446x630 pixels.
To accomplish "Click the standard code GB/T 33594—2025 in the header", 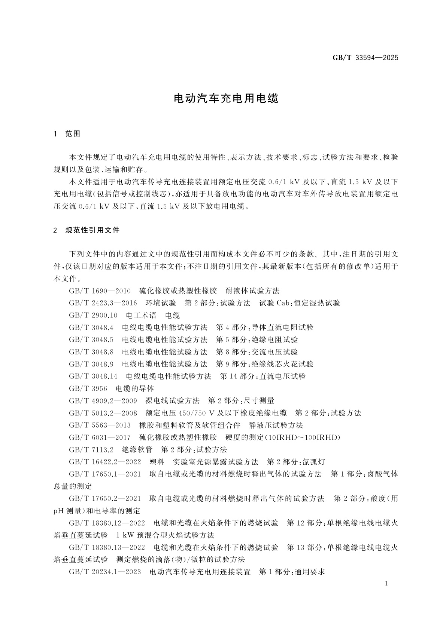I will click(x=365, y=58).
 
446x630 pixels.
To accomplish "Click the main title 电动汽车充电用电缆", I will click(x=227, y=99).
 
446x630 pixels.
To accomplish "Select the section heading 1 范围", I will click(x=67, y=134).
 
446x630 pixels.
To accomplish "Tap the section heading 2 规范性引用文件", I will click(x=87, y=230).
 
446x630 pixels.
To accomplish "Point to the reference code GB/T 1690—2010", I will click(x=100, y=291).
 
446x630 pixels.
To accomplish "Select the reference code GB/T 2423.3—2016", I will click(x=103, y=303).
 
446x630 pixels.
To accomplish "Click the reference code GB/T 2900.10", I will click(x=93, y=315).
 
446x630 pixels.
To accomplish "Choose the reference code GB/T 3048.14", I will click(x=93, y=377).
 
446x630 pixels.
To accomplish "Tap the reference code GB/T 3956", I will click(x=88, y=389).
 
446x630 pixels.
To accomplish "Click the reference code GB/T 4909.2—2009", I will click(x=103, y=401).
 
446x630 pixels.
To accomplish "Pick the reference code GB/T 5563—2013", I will click(x=100, y=425).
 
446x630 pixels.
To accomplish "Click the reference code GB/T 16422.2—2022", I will click(x=105, y=462).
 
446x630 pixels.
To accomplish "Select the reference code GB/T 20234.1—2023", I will click(x=105, y=572).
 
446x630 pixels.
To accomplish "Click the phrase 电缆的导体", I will click(x=135, y=389).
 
